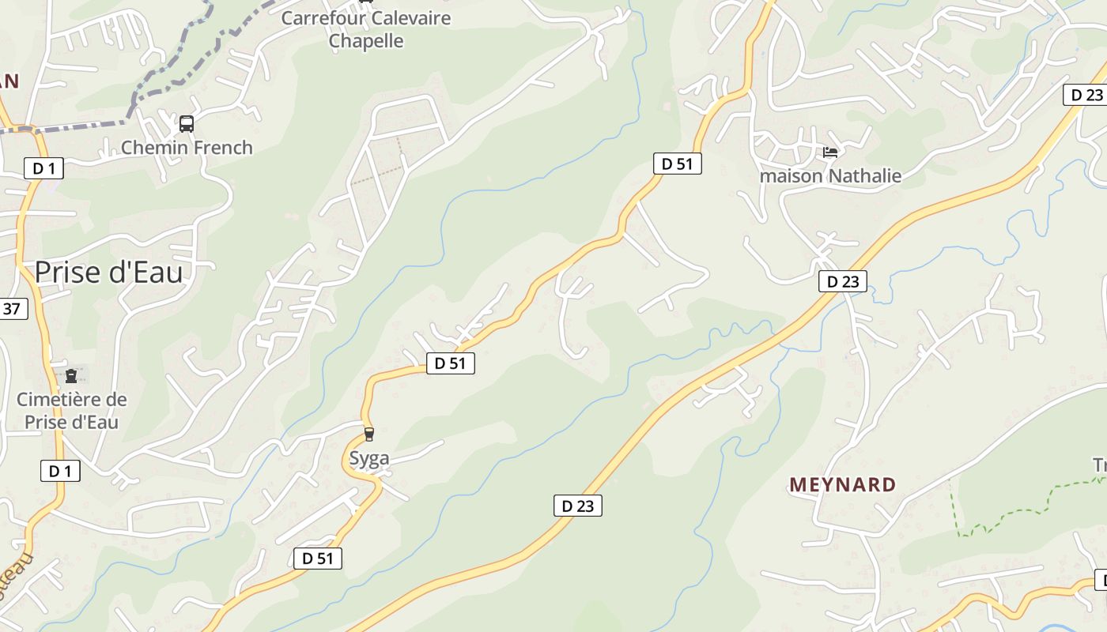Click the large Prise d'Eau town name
click(108, 273)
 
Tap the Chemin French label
click(187, 148)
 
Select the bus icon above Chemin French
click(187, 124)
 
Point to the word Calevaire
click(407, 18)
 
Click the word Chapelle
click(366, 41)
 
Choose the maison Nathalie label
click(830, 175)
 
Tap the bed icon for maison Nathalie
click(830, 152)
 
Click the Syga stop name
click(369, 458)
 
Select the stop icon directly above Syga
click(368, 434)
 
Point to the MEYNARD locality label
click(843, 484)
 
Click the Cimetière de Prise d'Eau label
click(71, 410)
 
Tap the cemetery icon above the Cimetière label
click(71, 376)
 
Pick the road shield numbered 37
click(12, 308)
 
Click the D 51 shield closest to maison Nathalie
click(678, 164)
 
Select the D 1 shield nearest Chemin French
click(43, 167)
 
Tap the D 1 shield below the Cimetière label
click(60, 471)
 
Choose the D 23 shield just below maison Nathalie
click(843, 281)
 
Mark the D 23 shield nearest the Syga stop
click(578, 506)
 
